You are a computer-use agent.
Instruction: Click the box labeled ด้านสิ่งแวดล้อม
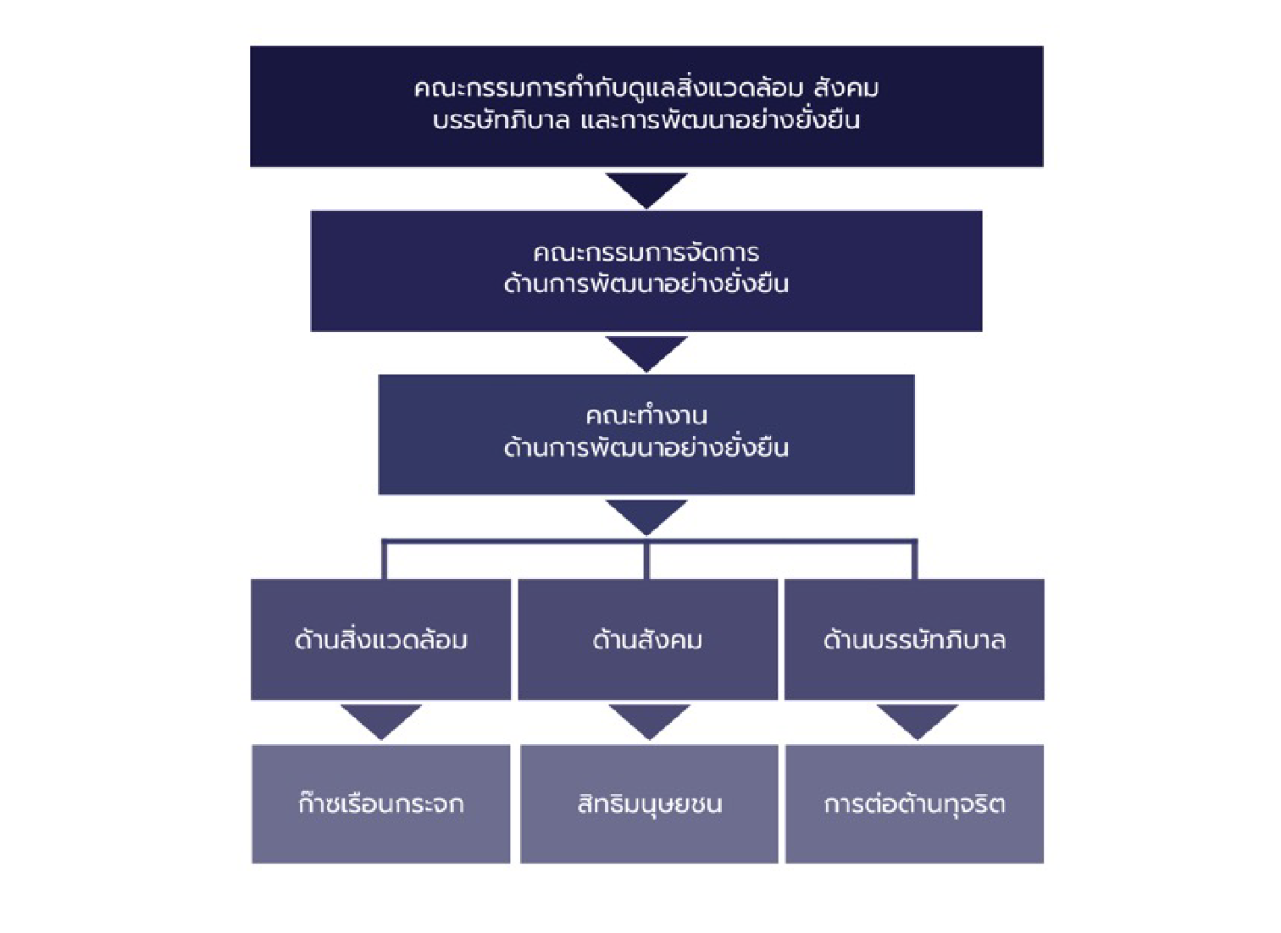pos(380,639)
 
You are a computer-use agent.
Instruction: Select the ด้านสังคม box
pos(647,639)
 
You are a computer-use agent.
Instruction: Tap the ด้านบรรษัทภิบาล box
pos(914,639)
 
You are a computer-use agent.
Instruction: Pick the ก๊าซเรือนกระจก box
pos(380,803)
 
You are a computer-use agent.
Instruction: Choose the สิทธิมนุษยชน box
pos(649,803)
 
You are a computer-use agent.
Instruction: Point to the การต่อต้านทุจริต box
pos(914,803)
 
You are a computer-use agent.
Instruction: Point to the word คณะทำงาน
pos(646,416)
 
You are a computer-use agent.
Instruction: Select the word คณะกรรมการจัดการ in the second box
pos(646,252)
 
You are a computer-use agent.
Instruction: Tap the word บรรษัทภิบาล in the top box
pos(501,120)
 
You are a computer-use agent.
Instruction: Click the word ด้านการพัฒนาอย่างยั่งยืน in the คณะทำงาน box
pos(646,448)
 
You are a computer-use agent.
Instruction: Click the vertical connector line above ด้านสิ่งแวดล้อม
pos(384,560)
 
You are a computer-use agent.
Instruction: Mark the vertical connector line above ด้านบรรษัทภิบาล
pos(914,560)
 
